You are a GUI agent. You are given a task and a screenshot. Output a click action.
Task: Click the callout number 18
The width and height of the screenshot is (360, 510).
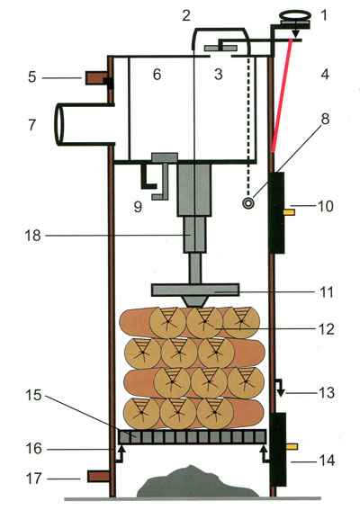[x=33, y=236]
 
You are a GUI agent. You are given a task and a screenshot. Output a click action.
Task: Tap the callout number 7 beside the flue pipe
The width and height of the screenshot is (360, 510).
[x=31, y=125]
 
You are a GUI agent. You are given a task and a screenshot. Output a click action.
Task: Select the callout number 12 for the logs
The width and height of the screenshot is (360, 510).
[x=326, y=329]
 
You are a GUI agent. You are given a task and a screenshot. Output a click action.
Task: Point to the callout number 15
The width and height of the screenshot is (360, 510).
[x=33, y=395]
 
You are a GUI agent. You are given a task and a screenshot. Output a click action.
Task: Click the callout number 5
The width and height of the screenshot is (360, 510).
[x=31, y=77]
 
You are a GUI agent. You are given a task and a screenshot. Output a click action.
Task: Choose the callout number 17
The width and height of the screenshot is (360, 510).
[x=34, y=479]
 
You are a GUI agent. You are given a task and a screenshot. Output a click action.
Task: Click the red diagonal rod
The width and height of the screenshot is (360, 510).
[x=282, y=95]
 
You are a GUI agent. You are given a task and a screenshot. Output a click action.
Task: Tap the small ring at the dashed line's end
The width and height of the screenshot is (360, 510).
[x=248, y=203]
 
